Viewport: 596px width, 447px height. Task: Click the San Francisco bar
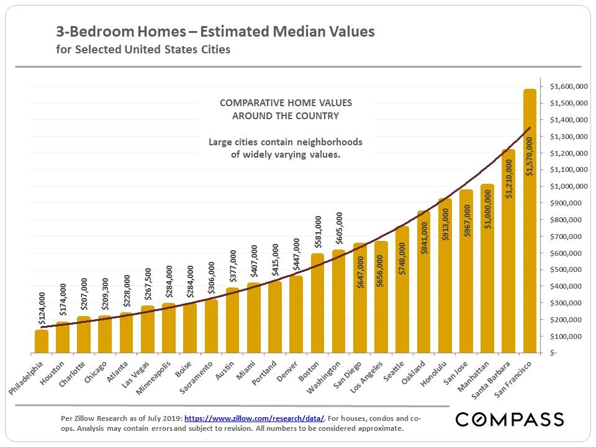(530, 223)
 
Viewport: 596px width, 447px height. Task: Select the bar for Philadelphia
(42, 341)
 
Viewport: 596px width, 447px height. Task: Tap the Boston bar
(317, 304)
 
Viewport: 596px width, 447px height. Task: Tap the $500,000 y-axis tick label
(566, 269)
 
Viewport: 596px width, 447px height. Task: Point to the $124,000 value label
(42, 309)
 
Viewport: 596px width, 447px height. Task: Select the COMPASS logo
(510, 420)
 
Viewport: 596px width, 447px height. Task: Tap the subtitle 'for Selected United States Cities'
(143, 50)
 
